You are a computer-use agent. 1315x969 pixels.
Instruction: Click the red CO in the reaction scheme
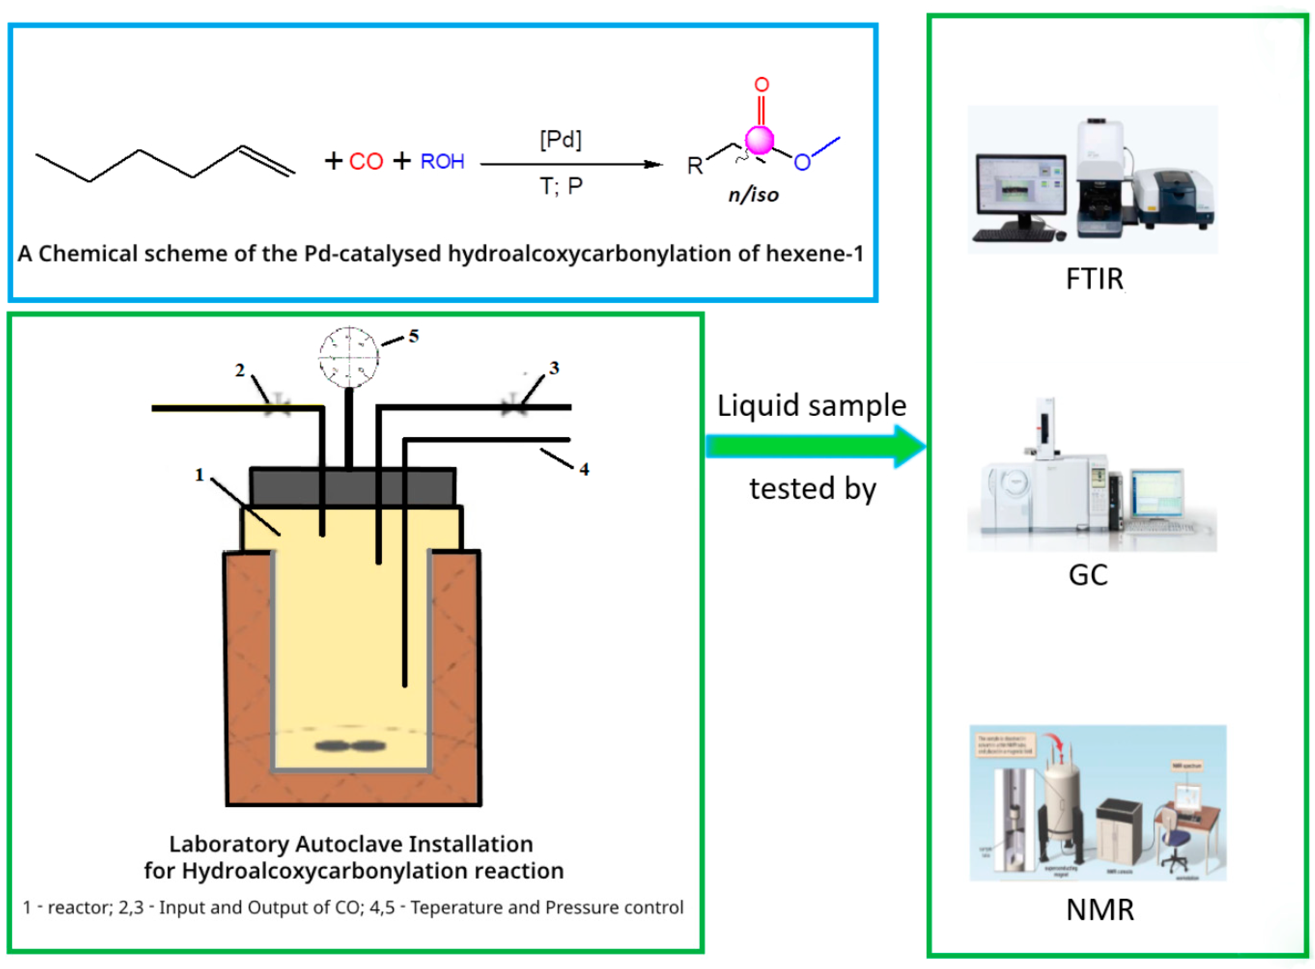tap(366, 161)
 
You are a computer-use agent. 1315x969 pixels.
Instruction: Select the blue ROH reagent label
tap(442, 161)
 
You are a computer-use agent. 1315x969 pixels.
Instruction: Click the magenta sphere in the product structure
tap(759, 140)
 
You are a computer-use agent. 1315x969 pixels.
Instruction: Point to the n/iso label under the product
tap(753, 195)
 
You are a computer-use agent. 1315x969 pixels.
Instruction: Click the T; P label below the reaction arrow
tap(561, 186)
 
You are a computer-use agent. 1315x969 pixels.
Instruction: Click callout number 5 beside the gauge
tap(413, 336)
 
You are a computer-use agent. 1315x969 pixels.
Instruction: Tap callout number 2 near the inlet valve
tap(239, 370)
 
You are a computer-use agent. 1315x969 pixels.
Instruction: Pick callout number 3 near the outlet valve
tap(554, 368)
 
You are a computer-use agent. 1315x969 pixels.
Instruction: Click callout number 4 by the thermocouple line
tap(584, 469)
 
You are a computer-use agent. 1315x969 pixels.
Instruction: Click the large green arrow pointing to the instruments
tap(815, 447)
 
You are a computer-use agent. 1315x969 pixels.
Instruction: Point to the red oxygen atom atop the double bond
tap(761, 84)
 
